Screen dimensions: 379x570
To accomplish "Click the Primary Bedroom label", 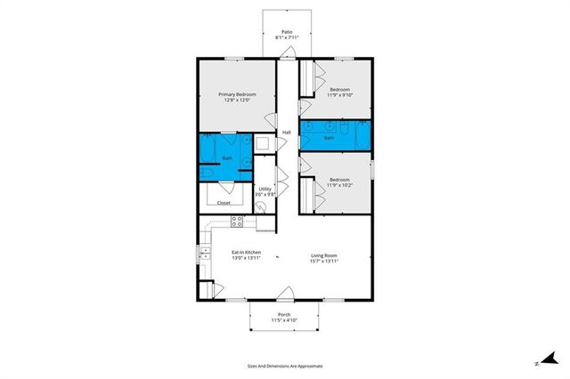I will click(x=237, y=94).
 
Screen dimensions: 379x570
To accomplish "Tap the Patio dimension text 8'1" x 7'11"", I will click(x=287, y=38).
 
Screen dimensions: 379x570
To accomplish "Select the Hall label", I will click(x=287, y=133).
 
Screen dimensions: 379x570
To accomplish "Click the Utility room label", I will click(x=265, y=189).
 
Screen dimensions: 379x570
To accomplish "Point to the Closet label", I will click(x=224, y=203).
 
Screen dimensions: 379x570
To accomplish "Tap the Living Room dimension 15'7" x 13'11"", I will click(x=323, y=260).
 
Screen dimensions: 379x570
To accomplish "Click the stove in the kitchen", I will click(x=238, y=222).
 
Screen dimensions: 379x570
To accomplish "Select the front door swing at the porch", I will click(x=285, y=294).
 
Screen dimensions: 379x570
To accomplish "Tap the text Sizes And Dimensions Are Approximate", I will click(x=285, y=366).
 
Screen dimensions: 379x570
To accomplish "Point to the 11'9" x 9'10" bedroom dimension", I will click(x=340, y=96).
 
